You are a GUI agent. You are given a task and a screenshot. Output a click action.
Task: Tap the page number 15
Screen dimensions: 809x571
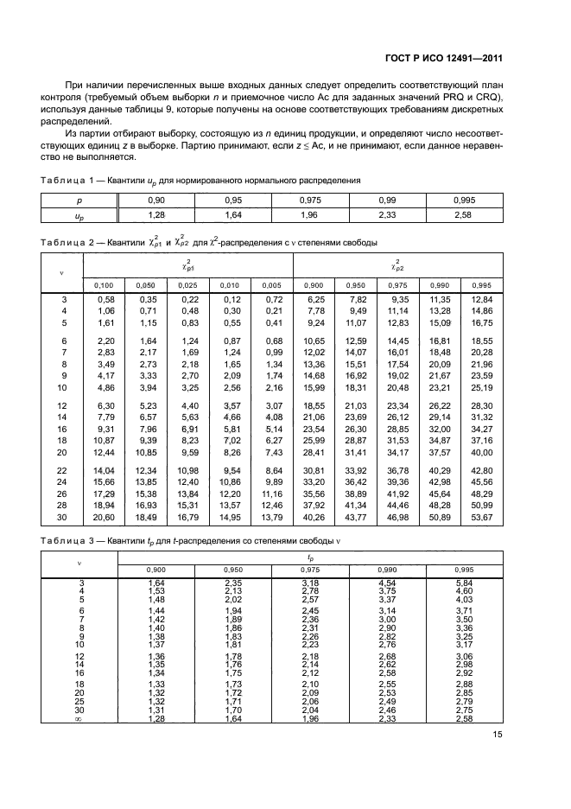pos(498,735)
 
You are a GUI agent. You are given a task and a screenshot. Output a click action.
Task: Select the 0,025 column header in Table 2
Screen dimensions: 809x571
pos(188,284)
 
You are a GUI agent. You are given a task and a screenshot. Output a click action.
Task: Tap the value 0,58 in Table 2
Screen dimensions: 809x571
pos(105,299)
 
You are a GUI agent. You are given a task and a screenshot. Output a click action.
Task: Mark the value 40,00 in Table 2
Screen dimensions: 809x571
pos(480,452)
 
